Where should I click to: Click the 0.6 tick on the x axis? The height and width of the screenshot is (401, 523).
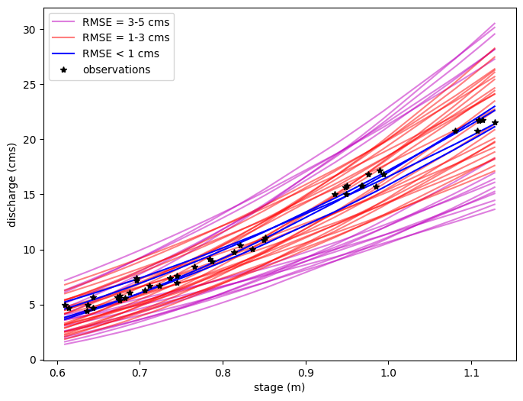click(x=57, y=373)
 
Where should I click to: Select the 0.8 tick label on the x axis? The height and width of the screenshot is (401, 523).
click(x=223, y=373)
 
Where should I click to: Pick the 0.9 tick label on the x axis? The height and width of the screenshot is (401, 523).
click(x=306, y=373)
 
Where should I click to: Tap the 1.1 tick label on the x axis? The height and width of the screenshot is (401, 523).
click(x=471, y=373)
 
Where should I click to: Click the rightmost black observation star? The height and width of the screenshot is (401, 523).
click(x=495, y=122)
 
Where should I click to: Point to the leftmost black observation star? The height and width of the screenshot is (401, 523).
click(x=65, y=306)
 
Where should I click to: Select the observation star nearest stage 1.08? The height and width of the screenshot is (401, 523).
click(x=455, y=131)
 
